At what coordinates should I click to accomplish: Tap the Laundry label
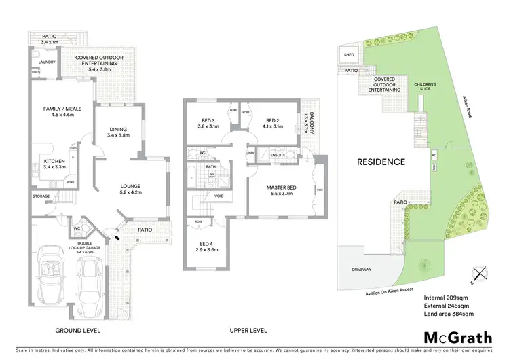click(47, 62)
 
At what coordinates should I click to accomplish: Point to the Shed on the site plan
click(349, 55)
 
